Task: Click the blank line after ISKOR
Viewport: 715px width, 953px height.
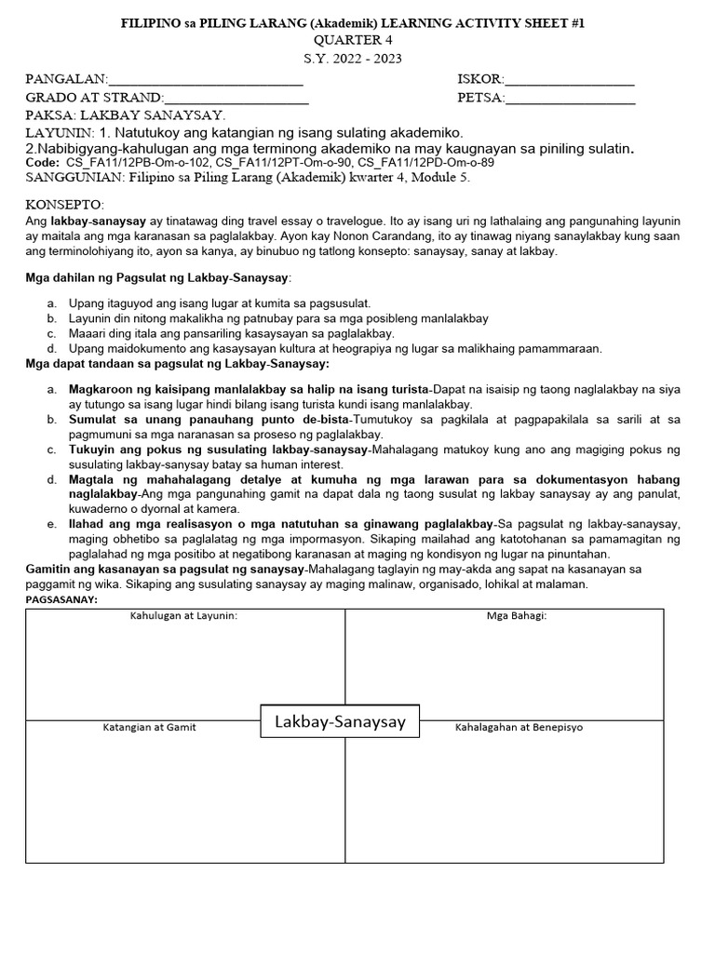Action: pos(570,81)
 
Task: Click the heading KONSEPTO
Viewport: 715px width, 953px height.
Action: pos(65,205)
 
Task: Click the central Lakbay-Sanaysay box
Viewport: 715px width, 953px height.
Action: pos(340,721)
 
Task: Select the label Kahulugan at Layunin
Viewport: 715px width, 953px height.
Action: pos(183,616)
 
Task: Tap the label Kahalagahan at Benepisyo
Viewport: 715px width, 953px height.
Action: pos(519,727)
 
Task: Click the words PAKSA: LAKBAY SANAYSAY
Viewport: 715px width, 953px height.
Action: pos(126,115)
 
